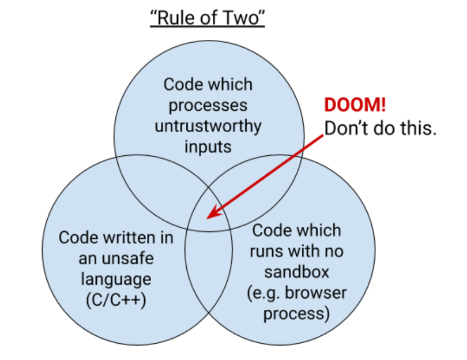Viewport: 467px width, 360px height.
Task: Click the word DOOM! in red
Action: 355,105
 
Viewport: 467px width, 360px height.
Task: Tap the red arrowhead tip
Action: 206,219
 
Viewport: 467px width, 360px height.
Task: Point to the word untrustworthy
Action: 208,127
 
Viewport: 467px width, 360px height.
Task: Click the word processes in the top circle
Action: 208,106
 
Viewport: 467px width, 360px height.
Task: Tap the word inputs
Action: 208,147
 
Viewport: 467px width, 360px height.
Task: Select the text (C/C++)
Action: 116,300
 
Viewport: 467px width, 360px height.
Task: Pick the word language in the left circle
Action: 116,280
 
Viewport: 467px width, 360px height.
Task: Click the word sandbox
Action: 297,272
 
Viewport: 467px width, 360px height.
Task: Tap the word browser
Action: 316,293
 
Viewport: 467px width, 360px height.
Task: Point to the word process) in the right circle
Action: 297,314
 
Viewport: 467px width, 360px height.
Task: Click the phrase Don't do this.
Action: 381,129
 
